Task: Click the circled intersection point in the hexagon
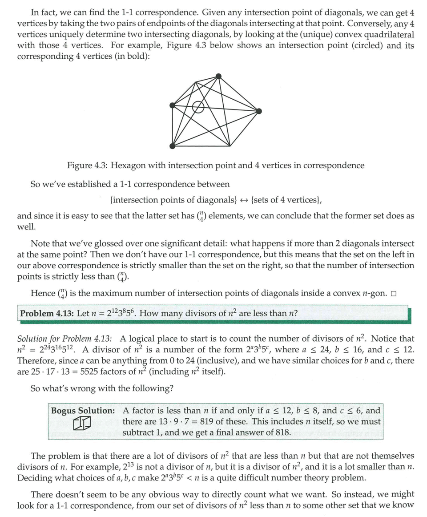tap(198, 107)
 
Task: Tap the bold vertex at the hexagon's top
tap(218, 76)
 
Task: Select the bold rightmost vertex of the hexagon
tap(259, 111)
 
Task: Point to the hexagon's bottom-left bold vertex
tap(173, 146)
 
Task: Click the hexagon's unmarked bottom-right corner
tap(230, 146)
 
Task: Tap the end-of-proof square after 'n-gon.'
tap(393, 294)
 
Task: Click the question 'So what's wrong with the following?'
tap(102, 388)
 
